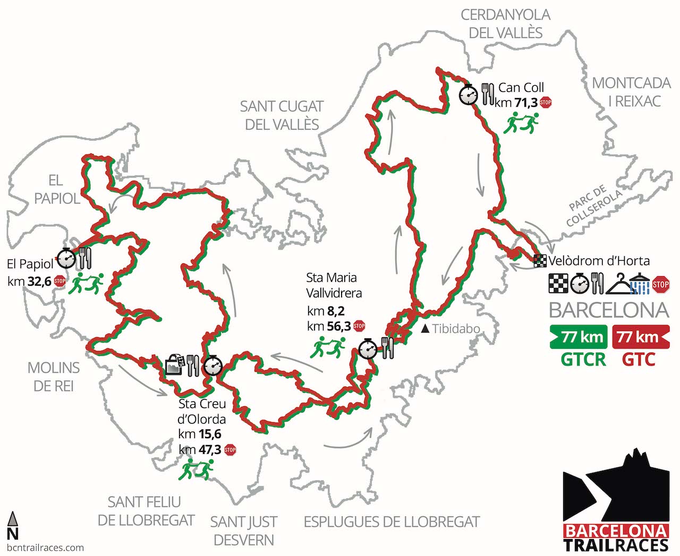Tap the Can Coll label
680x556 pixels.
(x=521, y=88)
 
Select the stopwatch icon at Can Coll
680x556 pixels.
(x=469, y=95)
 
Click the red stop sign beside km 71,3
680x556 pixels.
(x=546, y=102)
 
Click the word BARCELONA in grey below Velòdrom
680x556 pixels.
(x=609, y=310)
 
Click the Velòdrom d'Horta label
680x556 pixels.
(x=599, y=261)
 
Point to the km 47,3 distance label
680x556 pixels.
(x=200, y=450)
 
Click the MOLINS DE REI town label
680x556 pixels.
(x=54, y=376)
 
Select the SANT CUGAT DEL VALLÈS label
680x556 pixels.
(x=282, y=115)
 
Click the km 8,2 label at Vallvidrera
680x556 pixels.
(x=325, y=311)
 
